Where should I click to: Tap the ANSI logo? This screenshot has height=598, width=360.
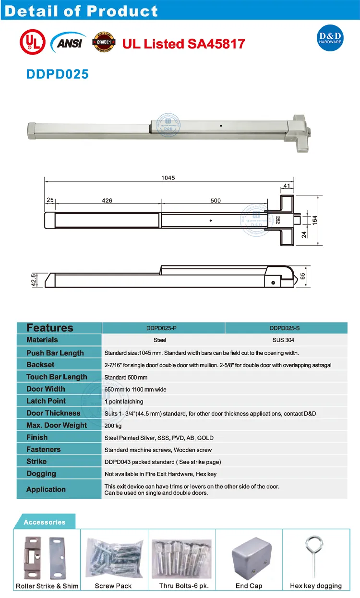(x=68, y=42)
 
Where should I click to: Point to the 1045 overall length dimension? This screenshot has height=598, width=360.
(x=168, y=178)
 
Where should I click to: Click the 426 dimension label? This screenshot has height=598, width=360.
(x=107, y=201)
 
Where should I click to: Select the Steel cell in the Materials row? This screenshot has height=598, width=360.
(x=160, y=340)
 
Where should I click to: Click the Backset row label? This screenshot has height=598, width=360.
(x=40, y=365)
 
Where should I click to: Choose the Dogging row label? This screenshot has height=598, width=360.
(x=41, y=474)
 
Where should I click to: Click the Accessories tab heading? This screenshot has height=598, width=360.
(x=44, y=522)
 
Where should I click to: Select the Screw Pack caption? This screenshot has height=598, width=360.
(x=113, y=586)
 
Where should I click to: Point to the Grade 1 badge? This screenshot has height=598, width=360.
(x=102, y=42)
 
